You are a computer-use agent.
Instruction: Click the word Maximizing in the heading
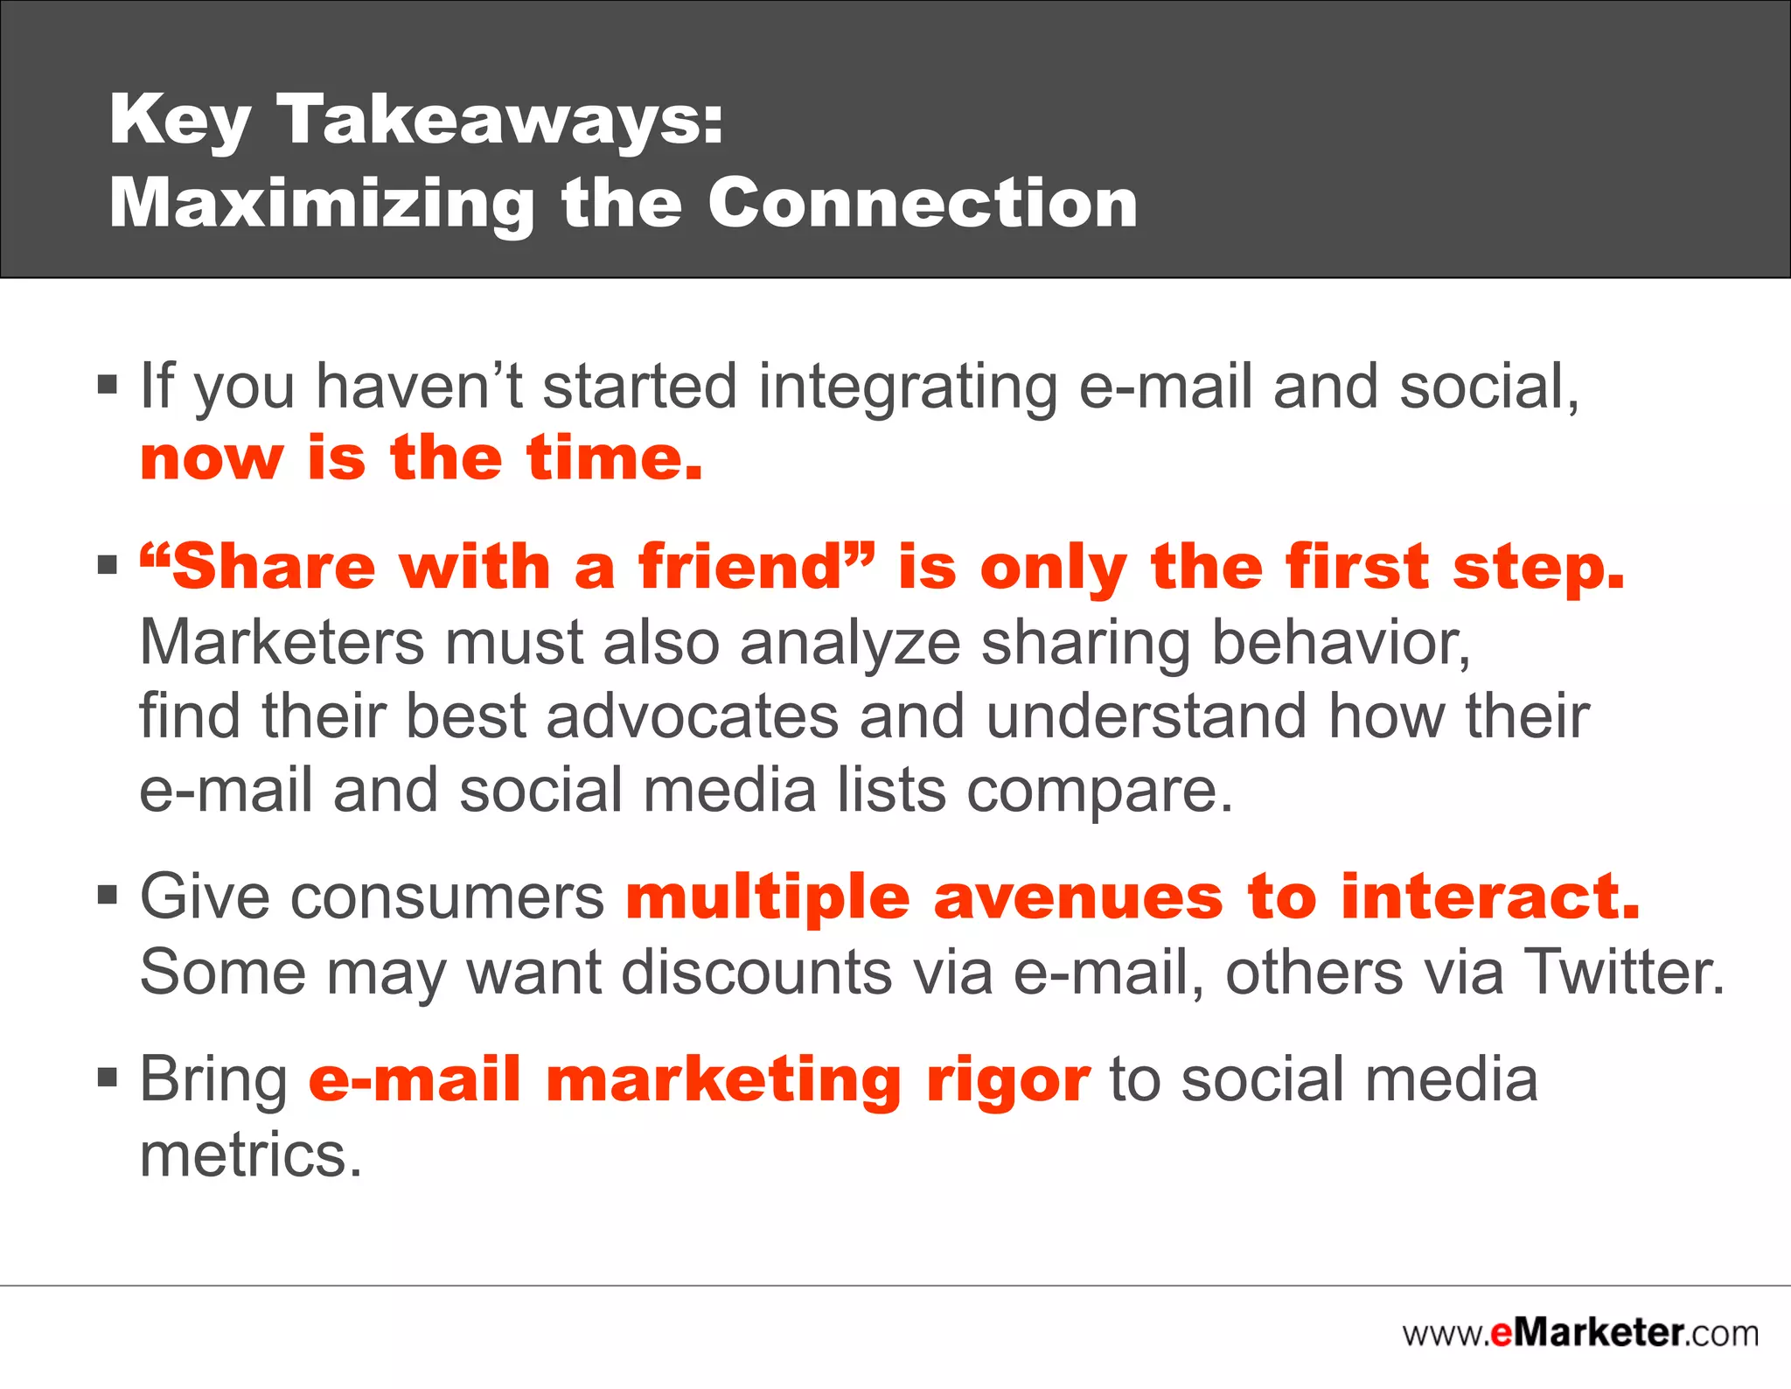click(321, 203)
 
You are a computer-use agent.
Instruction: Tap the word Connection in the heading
click(923, 203)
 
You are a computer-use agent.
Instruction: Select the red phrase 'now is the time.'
click(422, 458)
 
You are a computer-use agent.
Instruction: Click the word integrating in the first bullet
click(908, 387)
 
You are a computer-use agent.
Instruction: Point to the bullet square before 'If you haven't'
click(107, 385)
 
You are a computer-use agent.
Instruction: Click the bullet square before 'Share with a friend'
click(107, 566)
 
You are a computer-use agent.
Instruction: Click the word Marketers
click(282, 643)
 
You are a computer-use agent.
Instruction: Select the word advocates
click(693, 716)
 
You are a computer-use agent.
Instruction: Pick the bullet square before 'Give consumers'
click(107, 896)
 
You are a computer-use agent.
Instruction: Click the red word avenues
click(1078, 898)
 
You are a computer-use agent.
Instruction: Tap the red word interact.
click(1489, 898)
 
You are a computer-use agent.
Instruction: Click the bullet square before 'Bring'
click(107, 1078)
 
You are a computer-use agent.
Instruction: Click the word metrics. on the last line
click(251, 1155)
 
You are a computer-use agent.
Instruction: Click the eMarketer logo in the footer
click(1580, 1333)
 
